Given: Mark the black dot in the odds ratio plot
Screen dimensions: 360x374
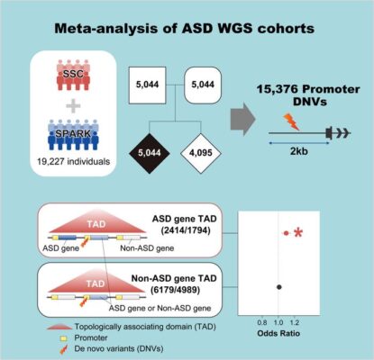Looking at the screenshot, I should point(280,286).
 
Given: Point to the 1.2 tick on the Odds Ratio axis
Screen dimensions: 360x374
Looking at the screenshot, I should point(296,319).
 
